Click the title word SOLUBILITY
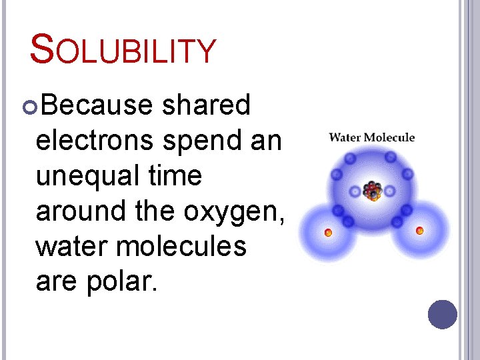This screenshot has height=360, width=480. pos(124,51)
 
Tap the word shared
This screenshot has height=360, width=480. pos(206,105)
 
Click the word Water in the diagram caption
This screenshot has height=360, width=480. pos(345,138)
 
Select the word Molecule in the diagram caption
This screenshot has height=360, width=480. pos(389,138)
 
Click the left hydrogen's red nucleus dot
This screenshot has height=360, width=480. pos(328,233)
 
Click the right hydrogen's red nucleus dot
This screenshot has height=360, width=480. pos(419,231)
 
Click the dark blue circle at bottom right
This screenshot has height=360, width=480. pos(443,314)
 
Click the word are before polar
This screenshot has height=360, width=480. pos(56,283)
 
